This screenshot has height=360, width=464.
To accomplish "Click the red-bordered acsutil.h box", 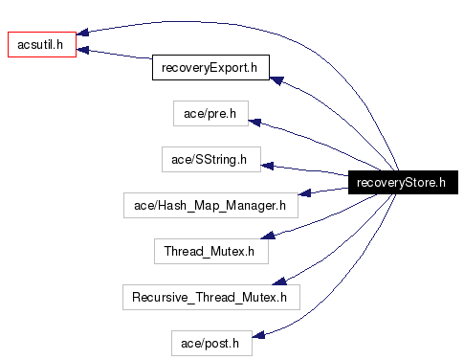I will click(41, 44).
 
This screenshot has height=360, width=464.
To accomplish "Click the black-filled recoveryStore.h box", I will click(400, 183).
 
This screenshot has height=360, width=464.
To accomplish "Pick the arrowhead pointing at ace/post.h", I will click(257, 333).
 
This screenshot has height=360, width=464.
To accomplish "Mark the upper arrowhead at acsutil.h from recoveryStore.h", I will click(83, 34).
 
